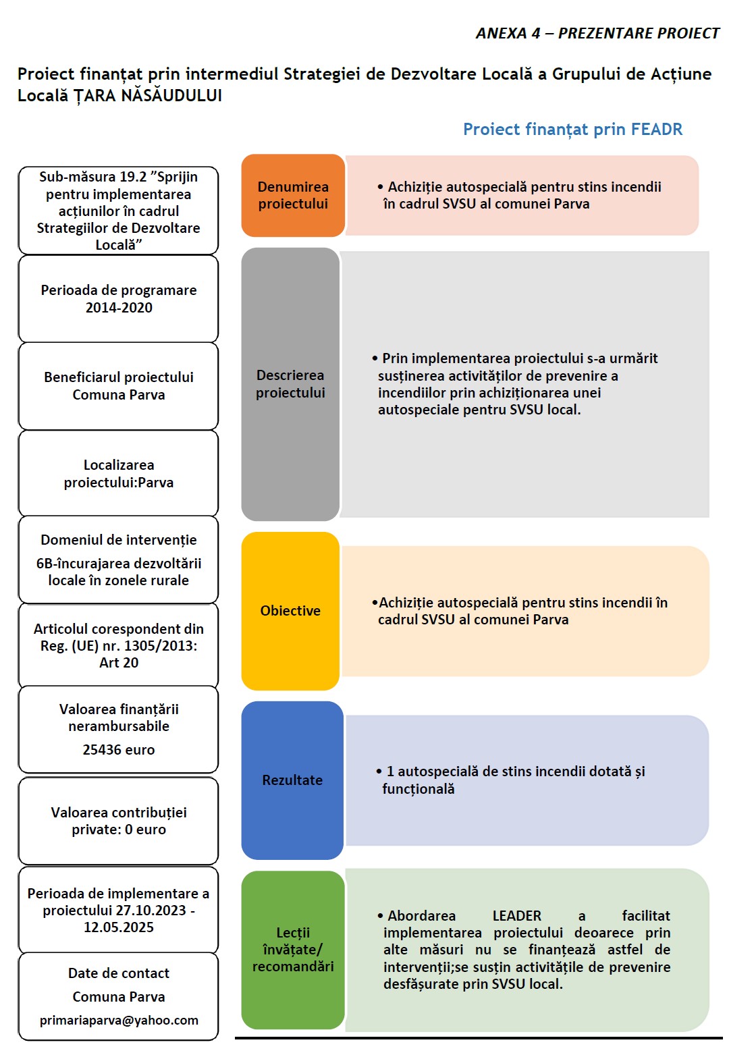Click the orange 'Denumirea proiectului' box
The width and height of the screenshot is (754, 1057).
(292, 196)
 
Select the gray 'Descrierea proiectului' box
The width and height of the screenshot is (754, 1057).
(290, 384)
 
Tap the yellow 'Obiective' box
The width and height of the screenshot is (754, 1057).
(290, 611)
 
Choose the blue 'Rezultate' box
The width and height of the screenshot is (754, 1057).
(292, 780)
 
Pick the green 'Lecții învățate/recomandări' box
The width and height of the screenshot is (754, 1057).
(293, 949)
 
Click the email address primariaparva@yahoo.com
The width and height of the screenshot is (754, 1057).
(119, 1020)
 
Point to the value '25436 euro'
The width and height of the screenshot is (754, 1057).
(119, 750)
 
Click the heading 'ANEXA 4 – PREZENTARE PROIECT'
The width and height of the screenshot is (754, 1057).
(597, 34)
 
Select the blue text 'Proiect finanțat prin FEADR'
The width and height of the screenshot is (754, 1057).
(572, 130)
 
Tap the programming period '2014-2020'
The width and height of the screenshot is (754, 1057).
(119, 308)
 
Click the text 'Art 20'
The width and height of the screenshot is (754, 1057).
(119, 663)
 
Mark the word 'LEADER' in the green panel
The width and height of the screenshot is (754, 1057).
(516, 916)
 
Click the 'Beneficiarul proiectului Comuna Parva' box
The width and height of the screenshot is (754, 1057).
(119, 386)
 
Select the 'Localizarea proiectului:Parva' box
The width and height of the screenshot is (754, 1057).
(119, 474)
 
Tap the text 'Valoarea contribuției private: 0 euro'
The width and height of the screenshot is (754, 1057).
(119, 821)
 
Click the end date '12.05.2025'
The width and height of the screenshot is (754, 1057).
(119, 927)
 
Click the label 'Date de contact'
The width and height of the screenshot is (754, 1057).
(119, 973)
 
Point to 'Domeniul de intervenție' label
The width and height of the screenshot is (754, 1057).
(119, 540)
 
